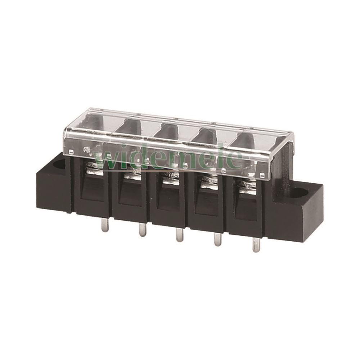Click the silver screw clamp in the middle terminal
pyautogui.click(x=171, y=179)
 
